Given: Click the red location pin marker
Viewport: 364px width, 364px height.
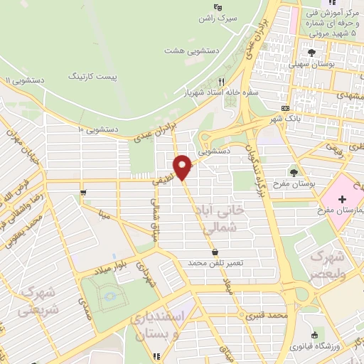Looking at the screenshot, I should click(184, 166).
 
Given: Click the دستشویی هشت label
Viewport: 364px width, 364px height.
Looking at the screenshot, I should click(184, 51).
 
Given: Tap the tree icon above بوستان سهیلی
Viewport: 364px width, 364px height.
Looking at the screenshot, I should click(311, 52).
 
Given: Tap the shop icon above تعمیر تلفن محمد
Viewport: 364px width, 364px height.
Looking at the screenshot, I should click(215, 252).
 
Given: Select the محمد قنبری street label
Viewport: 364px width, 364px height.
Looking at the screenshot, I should click(267, 314).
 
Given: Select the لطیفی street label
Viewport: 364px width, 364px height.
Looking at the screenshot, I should click(161, 181).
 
